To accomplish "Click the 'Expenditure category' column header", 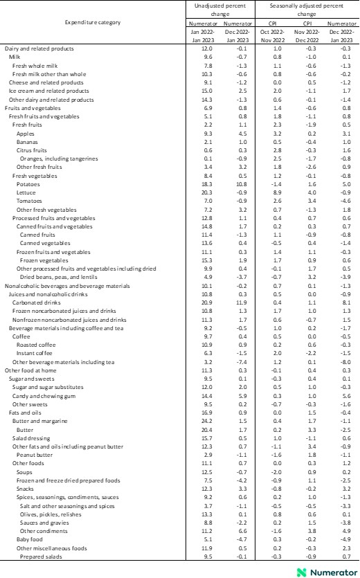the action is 93,24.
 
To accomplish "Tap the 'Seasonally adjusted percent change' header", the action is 307,9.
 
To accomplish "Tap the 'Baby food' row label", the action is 29,539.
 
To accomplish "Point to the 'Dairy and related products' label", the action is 39,48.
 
